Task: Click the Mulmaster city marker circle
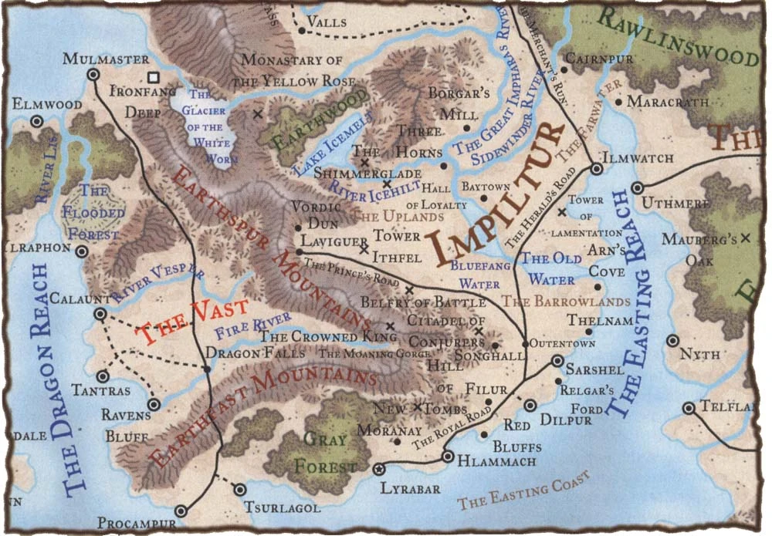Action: (x=93, y=75)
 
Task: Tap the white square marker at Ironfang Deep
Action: (x=154, y=77)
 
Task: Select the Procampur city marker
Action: (x=181, y=510)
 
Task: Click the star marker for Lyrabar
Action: (x=378, y=468)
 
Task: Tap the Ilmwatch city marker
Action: (x=596, y=168)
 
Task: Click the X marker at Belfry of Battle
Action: (x=409, y=290)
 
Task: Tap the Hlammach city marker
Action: (x=447, y=457)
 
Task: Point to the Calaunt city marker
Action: (x=100, y=314)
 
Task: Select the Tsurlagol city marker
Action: (x=239, y=489)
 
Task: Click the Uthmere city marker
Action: (x=638, y=187)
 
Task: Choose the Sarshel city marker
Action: (x=557, y=361)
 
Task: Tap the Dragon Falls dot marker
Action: (x=206, y=369)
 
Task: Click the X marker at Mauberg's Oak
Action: (x=745, y=238)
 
